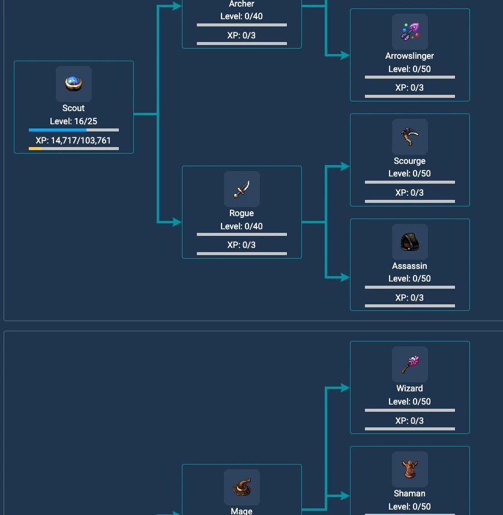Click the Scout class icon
pos(74,84)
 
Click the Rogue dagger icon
pos(242,189)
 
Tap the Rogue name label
pos(241,213)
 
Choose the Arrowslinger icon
pos(410,32)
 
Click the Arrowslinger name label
pos(410,56)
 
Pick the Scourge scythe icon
pos(410,137)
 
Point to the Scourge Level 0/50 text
pos(410,173)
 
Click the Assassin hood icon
pos(410,242)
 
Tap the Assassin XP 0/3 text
pos(410,298)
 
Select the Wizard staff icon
pos(410,364)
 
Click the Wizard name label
pos(410,388)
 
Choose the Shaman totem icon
pos(410,469)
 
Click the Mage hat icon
pos(242,487)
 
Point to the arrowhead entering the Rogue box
pos(177,222)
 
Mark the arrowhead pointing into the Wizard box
pos(345,388)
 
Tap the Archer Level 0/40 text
pos(241,16)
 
